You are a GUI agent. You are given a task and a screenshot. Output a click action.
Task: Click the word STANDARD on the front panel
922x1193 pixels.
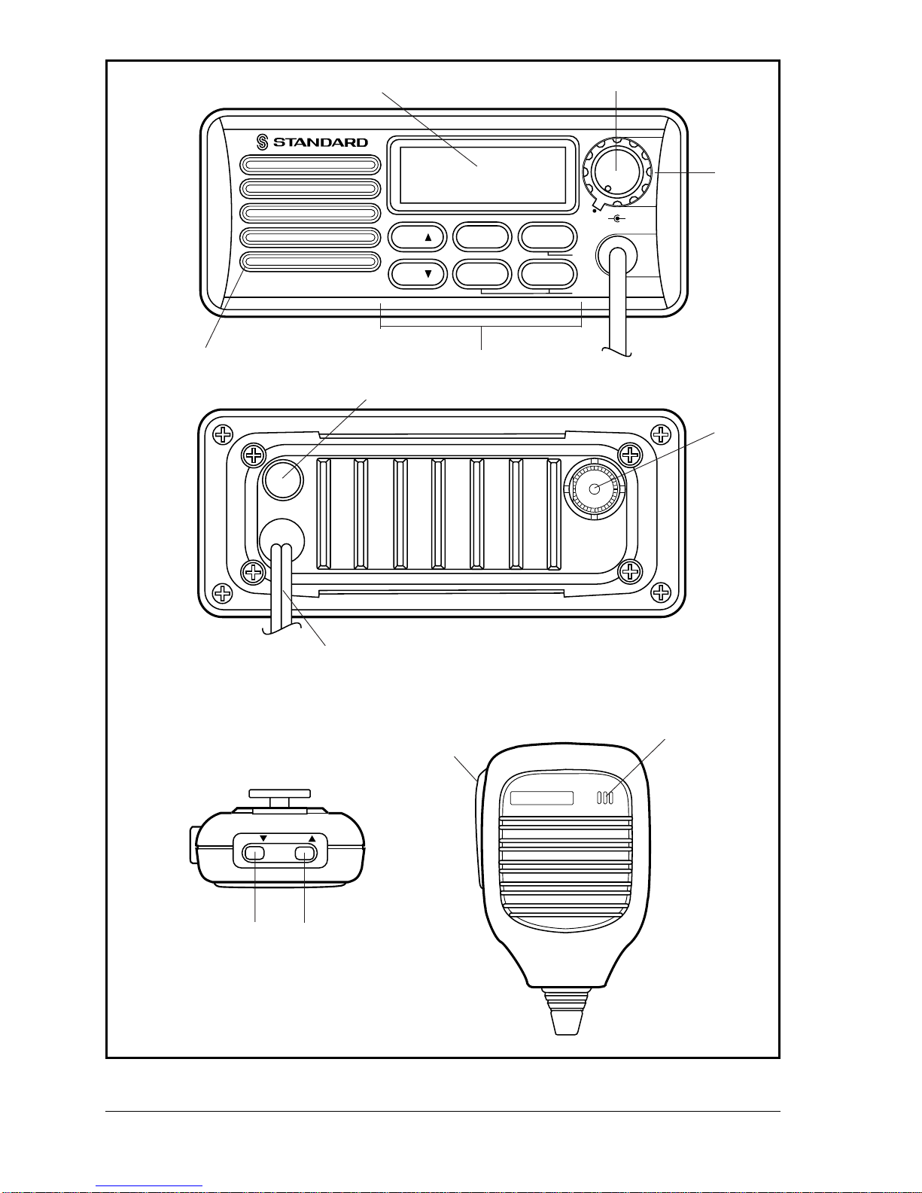(320, 142)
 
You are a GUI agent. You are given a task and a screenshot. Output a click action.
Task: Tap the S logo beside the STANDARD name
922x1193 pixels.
(263, 142)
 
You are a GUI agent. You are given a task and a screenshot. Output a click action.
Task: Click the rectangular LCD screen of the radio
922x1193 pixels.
(482, 175)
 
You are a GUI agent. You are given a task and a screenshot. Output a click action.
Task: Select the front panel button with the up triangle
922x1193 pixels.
(418, 237)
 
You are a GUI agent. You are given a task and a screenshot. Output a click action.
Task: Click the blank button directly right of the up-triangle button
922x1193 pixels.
(482, 237)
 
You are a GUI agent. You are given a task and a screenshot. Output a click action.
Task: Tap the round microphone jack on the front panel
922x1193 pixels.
(616, 255)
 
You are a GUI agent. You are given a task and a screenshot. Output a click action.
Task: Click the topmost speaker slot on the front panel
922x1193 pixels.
(310, 166)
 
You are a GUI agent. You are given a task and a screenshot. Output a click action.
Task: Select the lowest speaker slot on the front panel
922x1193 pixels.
(310, 262)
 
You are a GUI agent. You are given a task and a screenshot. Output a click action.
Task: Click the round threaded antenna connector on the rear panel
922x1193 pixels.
(595, 488)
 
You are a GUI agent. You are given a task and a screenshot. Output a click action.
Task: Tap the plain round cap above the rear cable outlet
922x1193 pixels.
(281, 478)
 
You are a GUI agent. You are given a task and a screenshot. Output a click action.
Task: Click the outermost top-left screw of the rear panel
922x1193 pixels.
(222, 435)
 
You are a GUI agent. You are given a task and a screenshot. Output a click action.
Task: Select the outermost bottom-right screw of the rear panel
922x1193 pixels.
(660, 593)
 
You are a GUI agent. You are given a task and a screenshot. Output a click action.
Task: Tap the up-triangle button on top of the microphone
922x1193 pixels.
(305, 853)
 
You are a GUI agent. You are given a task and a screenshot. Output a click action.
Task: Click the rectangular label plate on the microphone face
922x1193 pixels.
(541, 798)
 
